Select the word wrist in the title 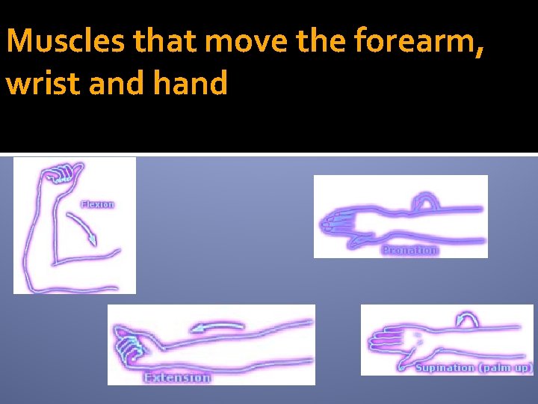(x=43, y=83)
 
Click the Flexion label (x=98, y=204)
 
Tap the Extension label (x=177, y=378)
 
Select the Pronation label (x=409, y=250)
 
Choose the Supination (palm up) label (x=474, y=367)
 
